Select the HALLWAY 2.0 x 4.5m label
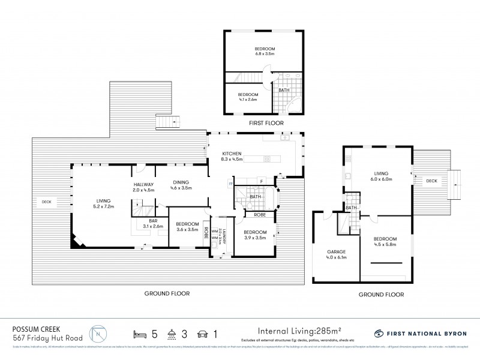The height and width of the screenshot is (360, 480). point(143,187)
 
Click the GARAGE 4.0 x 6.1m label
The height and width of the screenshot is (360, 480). point(335,254)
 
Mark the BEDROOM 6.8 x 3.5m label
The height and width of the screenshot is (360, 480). point(264,51)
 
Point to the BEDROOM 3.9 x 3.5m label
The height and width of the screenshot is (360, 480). point(255,235)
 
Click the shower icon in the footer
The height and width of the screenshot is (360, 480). point(172,333)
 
